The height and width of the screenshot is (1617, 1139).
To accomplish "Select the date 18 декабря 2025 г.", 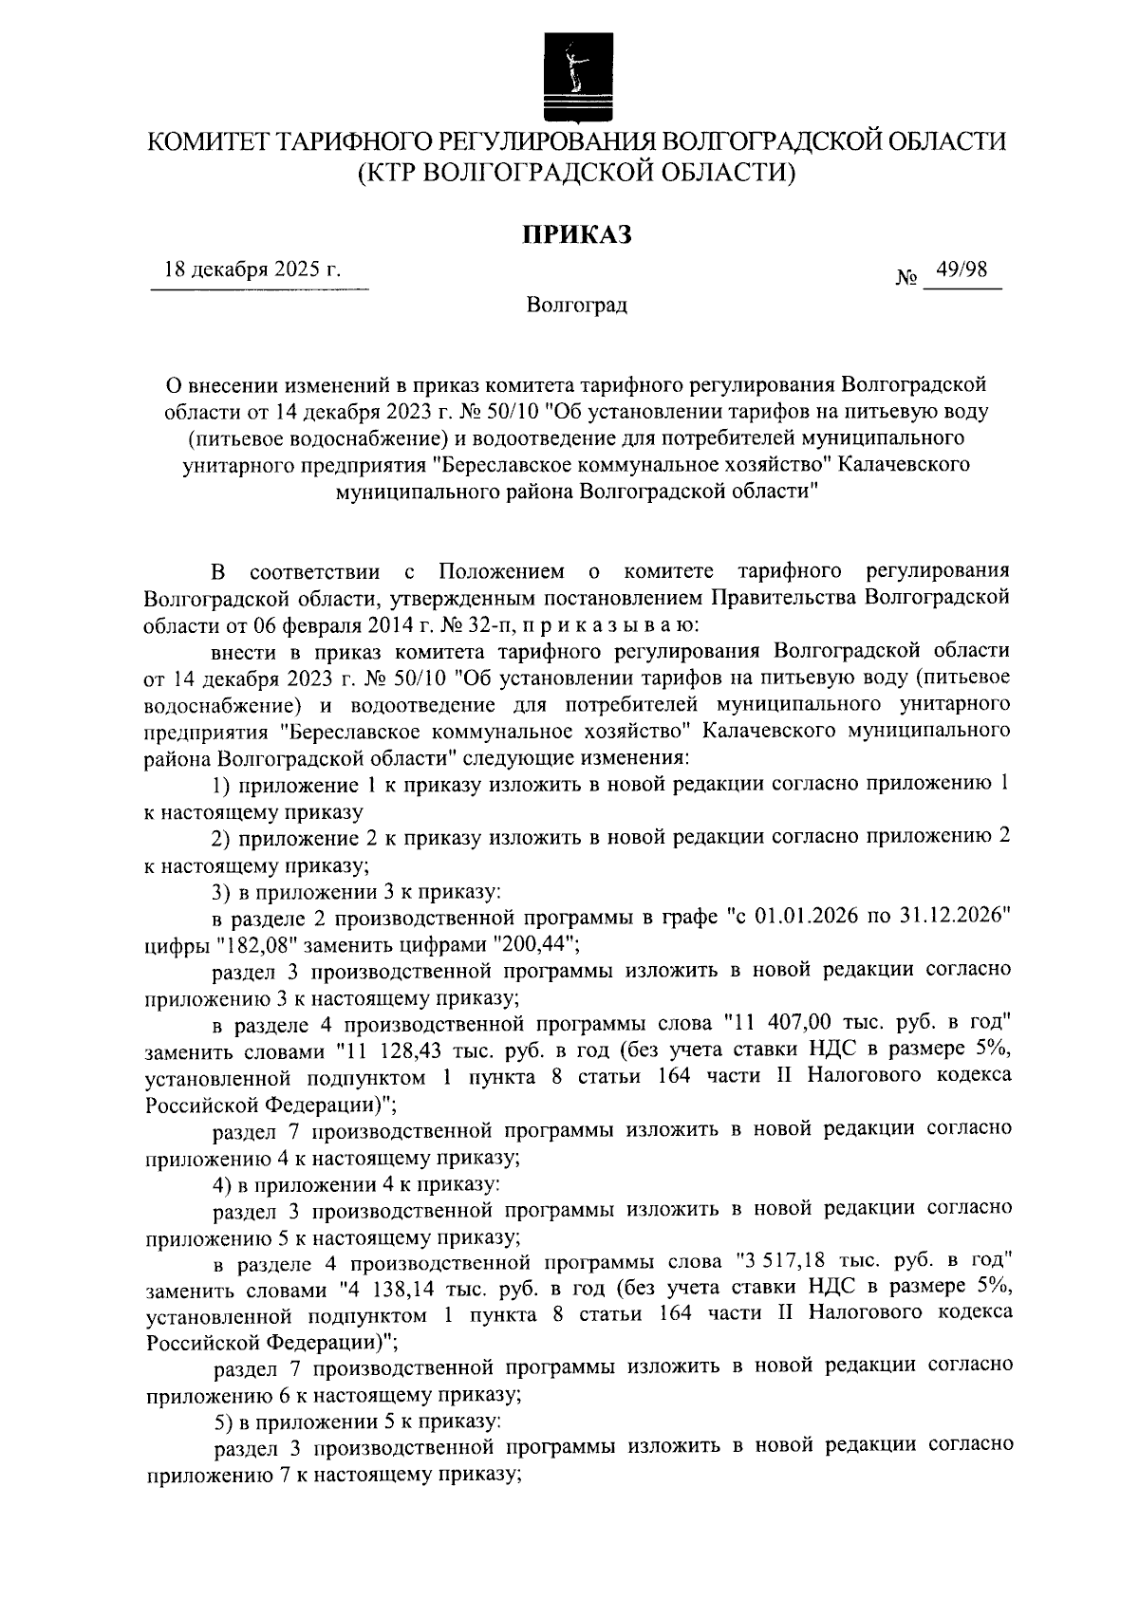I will click(252, 269).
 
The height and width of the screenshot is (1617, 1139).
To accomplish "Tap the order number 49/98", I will click(961, 270).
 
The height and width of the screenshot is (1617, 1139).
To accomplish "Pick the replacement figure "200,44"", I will click(530, 944).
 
